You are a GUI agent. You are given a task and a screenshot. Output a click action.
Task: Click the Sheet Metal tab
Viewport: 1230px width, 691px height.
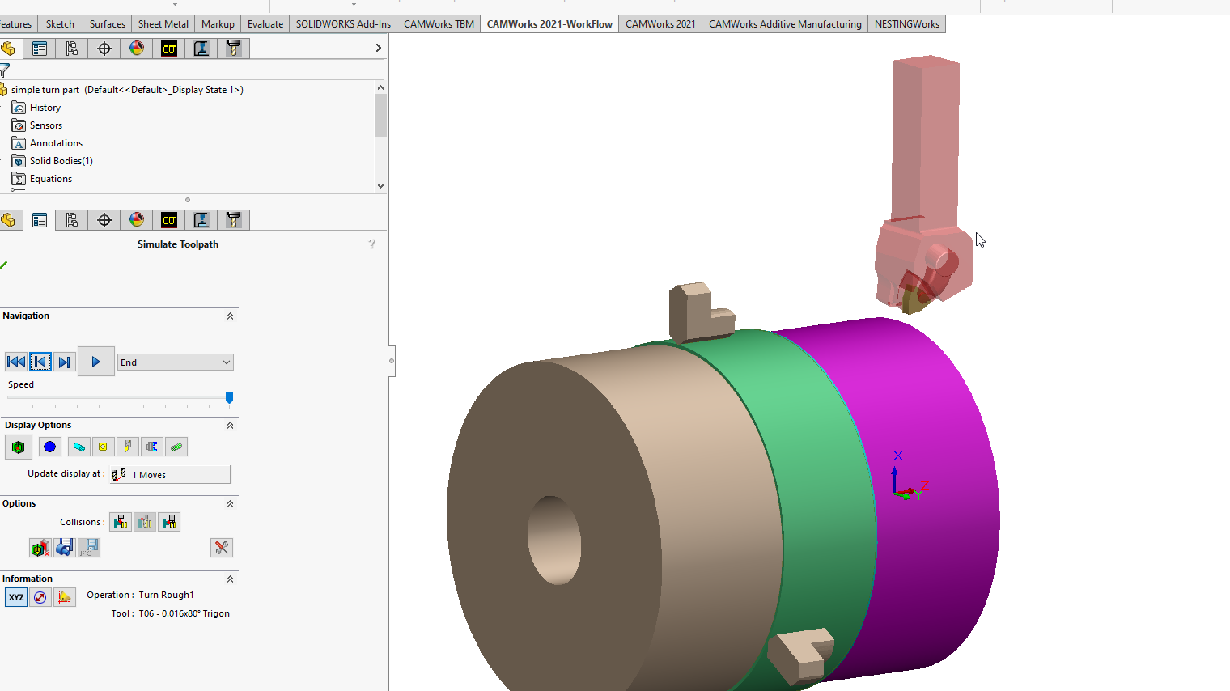(163, 24)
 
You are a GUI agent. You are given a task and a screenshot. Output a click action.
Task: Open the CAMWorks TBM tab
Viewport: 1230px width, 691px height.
(439, 24)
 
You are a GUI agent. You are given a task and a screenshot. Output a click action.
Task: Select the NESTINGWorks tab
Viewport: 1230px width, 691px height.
(906, 24)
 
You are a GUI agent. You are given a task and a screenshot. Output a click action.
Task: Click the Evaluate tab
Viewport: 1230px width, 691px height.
(265, 24)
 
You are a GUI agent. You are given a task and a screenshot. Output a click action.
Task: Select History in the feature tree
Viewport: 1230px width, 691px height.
(45, 108)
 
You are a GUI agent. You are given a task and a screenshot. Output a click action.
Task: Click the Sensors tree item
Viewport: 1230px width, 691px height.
(46, 125)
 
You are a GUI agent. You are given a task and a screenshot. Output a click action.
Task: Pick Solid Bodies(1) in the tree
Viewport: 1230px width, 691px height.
(61, 161)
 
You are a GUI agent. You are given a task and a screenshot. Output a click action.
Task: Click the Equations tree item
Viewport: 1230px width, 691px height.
(50, 178)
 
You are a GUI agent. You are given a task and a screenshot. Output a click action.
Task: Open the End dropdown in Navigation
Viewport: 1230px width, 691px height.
(175, 362)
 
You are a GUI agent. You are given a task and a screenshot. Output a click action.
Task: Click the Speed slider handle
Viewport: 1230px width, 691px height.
(230, 396)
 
